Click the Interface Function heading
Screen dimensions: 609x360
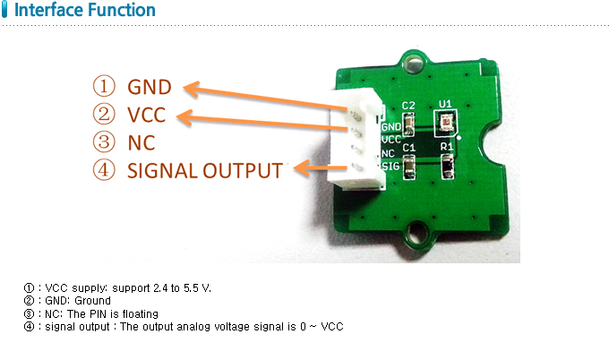click(x=85, y=10)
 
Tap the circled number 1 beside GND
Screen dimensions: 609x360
click(x=104, y=86)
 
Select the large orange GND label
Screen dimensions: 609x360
click(x=150, y=87)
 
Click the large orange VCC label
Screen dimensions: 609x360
click(x=146, y=115)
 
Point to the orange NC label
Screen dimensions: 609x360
click(x=142, y=142)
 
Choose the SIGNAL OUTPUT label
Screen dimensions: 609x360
click(x=205, y=171)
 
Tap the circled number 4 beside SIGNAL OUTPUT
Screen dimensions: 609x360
click(x=104, y=170)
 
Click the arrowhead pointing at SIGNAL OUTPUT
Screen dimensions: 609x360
click(x=302, y=168)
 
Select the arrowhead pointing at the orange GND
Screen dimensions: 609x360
click(x=192, y=89)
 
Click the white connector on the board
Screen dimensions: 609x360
click(x=356, y=139)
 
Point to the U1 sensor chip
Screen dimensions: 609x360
click(x=445, y=124)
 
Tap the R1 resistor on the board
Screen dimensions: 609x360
click(x=448, y=167)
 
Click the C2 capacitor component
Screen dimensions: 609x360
click(x=408, y=124)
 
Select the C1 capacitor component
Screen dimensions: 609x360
click(x=409, y=167)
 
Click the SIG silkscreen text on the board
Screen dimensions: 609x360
click(x=390, y=167)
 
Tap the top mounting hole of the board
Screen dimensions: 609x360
click(x=413, y=63)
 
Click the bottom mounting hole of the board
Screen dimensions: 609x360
click(x=416, y=233)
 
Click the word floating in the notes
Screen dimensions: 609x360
click(x=141, y=313)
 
